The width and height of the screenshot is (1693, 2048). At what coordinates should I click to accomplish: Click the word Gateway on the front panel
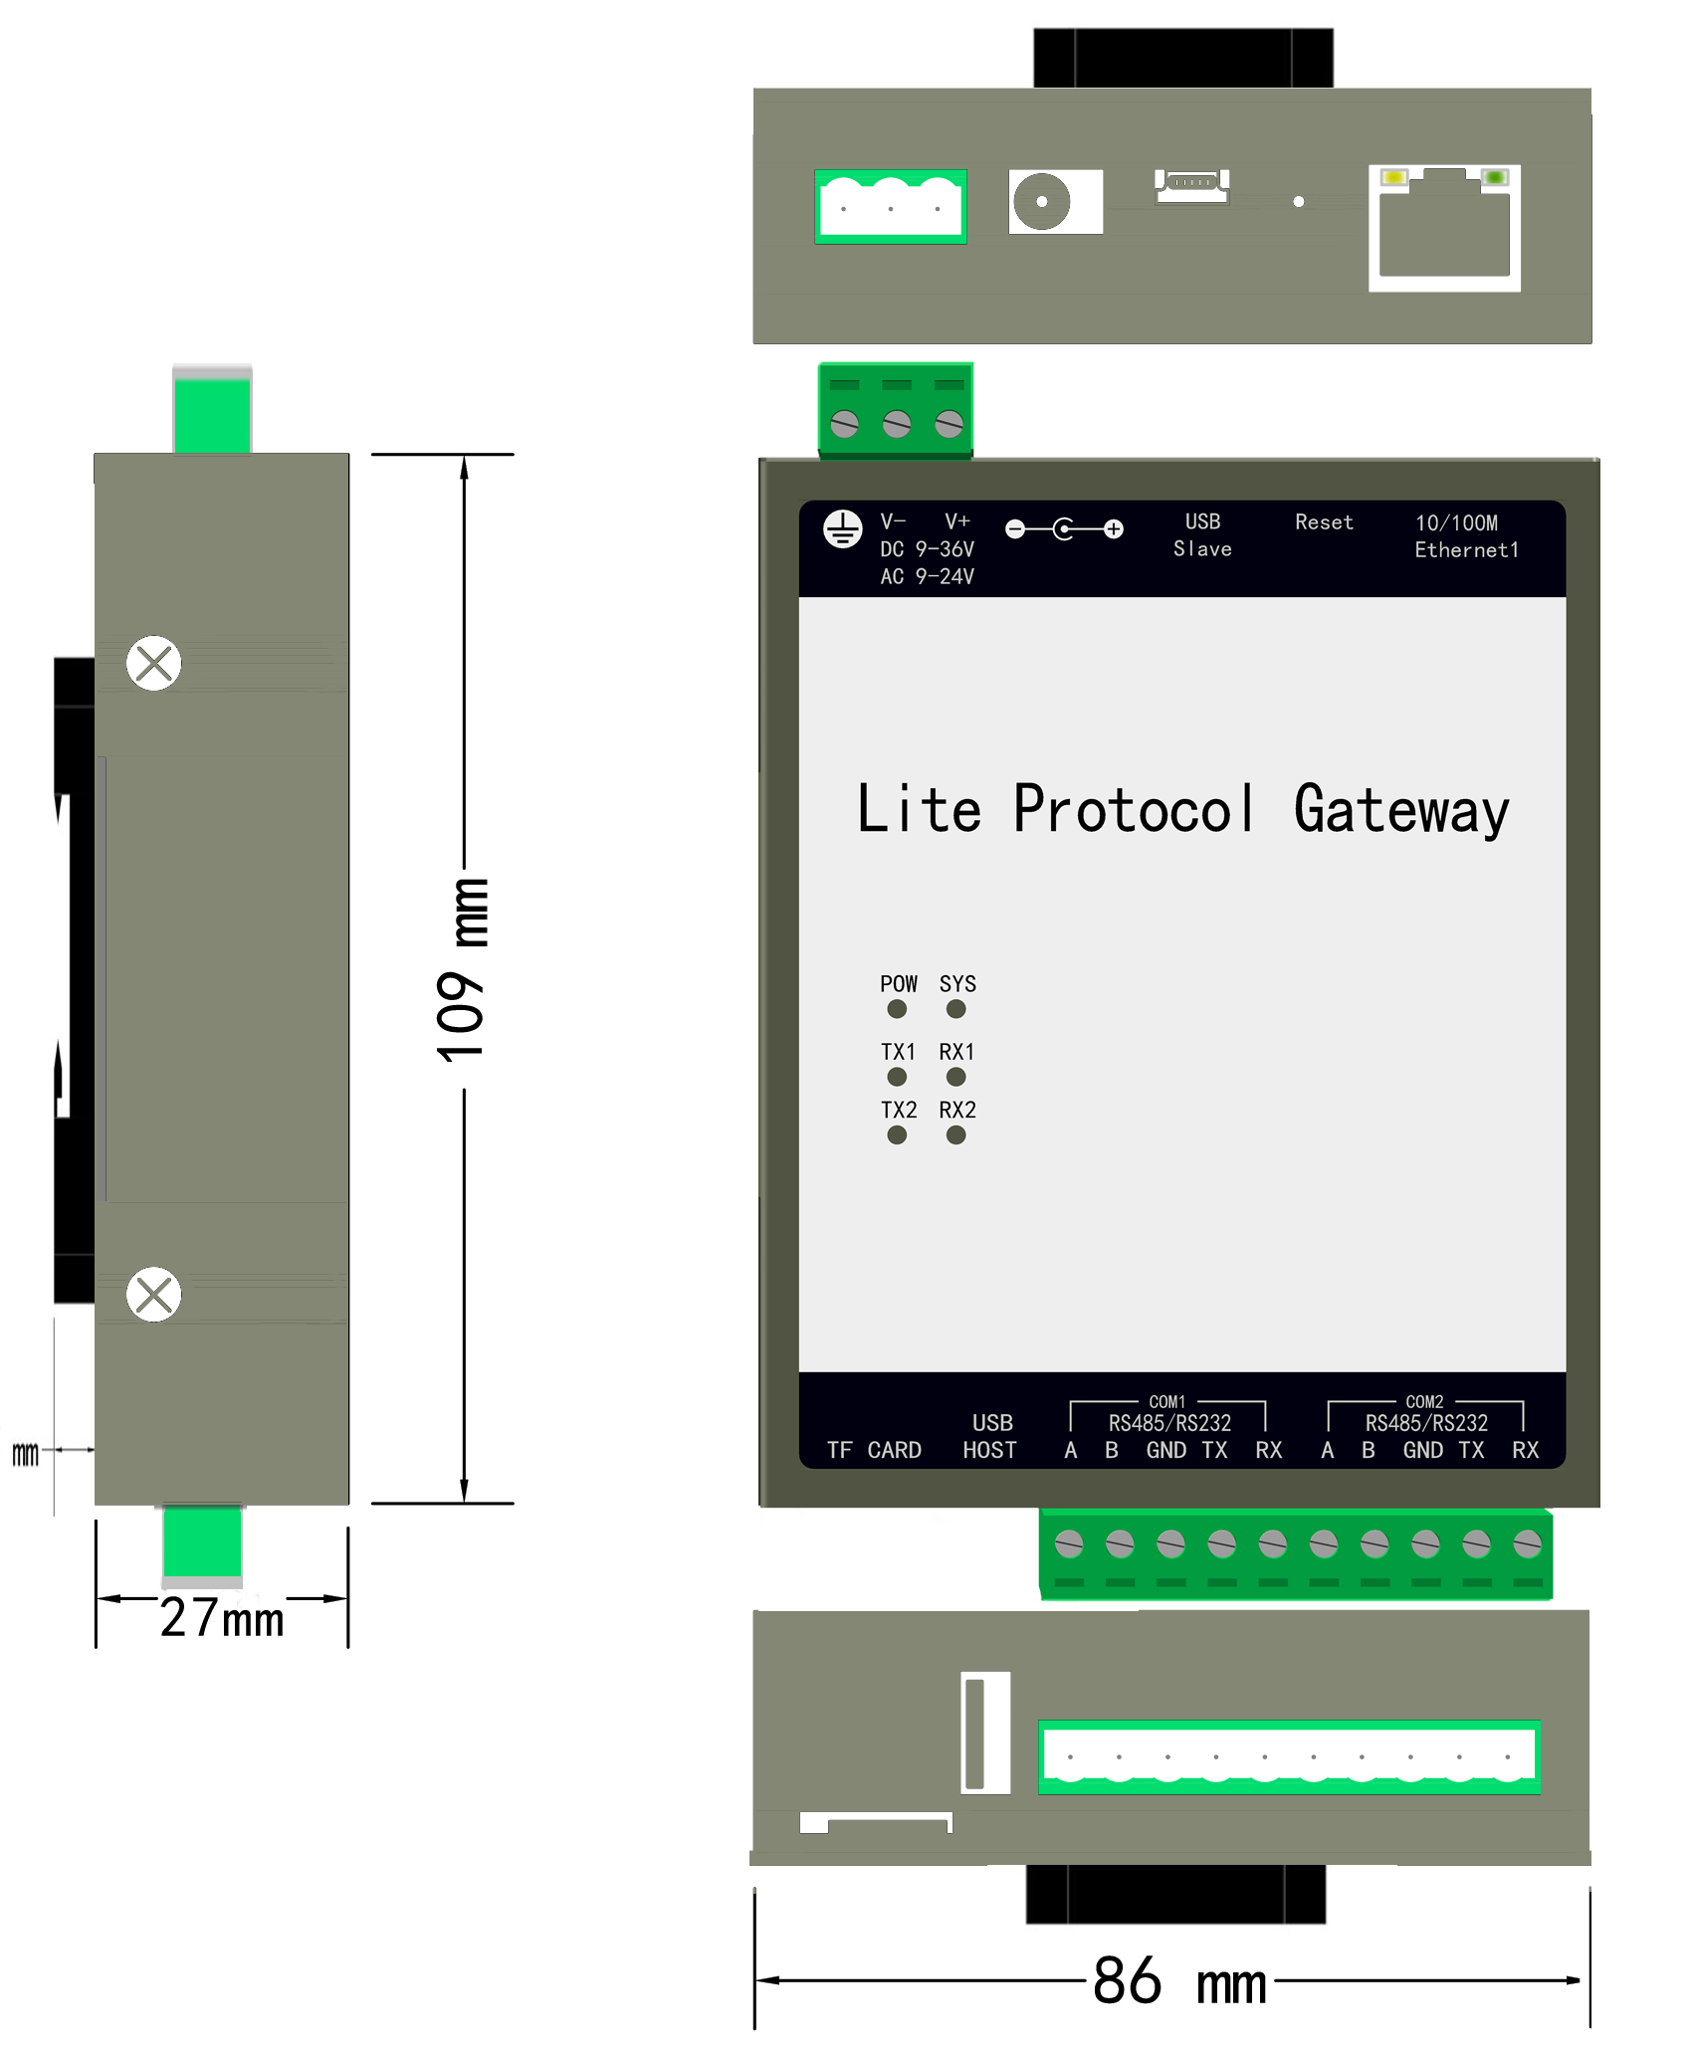[x=1401, y=810]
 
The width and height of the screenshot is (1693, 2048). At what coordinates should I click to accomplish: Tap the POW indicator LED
[x=897, y=1009]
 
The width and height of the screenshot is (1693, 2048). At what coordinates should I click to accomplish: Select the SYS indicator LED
[x=956, y=1009]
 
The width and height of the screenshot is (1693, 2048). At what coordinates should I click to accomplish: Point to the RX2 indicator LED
[x=956, y=1135]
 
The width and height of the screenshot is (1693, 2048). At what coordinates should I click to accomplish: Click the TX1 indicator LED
[x=897, y=1077]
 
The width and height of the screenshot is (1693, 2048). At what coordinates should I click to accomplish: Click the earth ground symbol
[x=843, y=529]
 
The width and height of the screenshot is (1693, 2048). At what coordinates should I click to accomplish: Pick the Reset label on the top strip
[x=1324, y=522]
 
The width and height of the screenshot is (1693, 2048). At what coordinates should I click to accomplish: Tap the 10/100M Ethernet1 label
[x=1466, y=536]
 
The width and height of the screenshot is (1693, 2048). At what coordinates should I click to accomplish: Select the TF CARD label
[x=874, y=1450]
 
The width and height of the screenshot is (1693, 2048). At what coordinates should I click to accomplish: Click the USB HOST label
[x=990, y=1436]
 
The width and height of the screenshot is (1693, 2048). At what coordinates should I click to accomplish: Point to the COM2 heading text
[x=1424, y=1401]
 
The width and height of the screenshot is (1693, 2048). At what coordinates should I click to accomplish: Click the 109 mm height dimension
[x=463, y=971]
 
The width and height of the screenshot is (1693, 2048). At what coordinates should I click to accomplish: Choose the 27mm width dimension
[x=222, y=1617]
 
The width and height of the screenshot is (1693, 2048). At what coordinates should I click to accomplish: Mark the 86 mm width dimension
[x=1179, y=1980]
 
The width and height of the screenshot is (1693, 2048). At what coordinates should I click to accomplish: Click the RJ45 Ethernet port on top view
[x=1444, y=228]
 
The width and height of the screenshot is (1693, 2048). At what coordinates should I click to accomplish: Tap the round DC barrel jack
[x=1042, y=201]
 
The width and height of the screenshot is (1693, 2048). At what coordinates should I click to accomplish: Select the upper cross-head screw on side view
[x=154, y=663]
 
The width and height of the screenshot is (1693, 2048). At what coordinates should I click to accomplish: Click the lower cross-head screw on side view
[x=154, y=1294]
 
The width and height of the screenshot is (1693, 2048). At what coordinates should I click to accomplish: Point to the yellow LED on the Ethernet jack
[x=1394, y=177]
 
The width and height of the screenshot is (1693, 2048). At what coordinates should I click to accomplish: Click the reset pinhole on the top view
[x=1299, y=202]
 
